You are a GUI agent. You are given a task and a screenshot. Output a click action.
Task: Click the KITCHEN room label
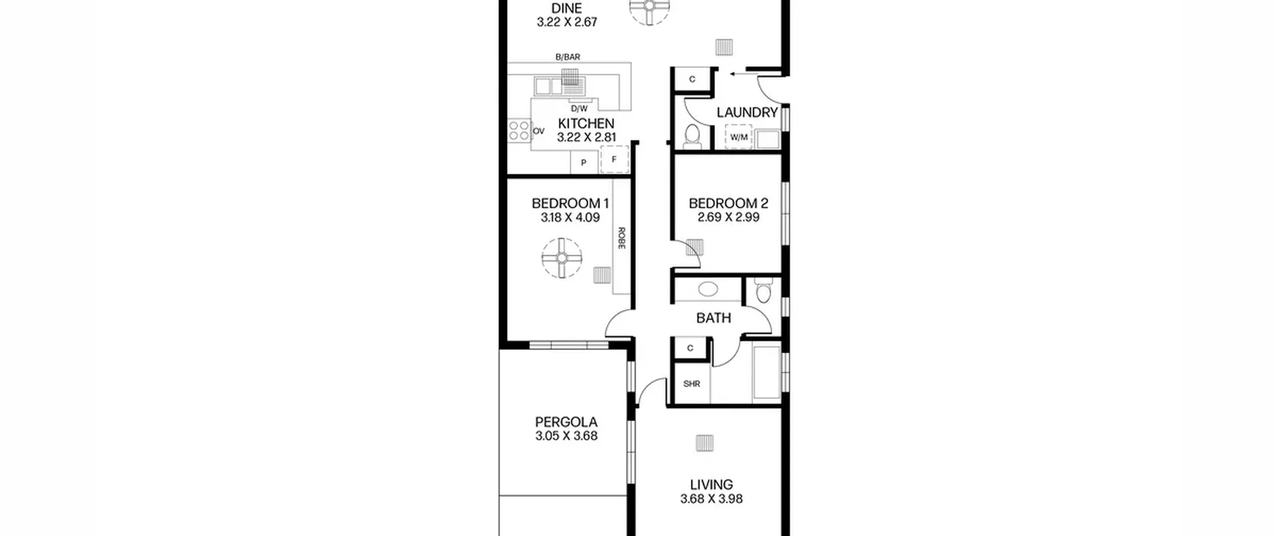tap(586, 123)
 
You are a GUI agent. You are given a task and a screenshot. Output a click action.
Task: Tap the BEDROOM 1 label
tap(570, 203)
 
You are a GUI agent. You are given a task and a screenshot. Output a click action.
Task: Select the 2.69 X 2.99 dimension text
tap(728, 217)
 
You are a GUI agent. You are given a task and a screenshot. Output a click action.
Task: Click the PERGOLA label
tap(566, 422)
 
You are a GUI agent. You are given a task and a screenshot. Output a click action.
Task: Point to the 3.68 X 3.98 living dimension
tap(711, 499)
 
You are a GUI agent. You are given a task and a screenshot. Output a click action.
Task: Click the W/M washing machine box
tap(739, 137)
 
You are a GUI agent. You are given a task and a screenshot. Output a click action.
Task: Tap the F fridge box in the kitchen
tap(614, 160)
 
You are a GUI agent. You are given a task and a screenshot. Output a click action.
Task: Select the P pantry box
tap(584, 163)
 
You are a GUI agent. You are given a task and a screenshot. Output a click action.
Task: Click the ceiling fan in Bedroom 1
tap(562, 258)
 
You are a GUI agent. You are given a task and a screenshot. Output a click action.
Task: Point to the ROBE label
tap(622, 238)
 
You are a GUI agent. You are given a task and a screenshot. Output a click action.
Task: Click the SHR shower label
tap(691, 384)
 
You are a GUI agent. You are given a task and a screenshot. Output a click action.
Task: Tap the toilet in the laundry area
tap(692, 137)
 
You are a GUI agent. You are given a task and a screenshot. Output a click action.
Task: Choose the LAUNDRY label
tap(747, 113)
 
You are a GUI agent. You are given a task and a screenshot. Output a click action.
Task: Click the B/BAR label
tap(568, 57)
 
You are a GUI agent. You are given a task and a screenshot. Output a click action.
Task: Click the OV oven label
tap(538, 131)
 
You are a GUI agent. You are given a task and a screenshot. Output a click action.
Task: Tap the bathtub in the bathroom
tap(767, 372)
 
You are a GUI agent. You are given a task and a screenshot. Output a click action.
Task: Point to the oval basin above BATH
tap(708, 289)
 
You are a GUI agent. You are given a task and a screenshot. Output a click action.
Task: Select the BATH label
tap(713, 318)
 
